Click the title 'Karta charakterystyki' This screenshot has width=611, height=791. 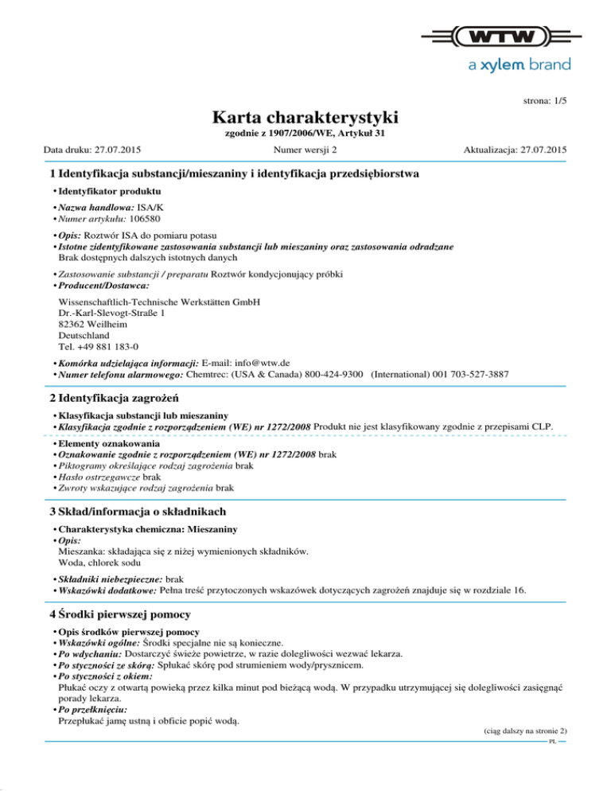pos(305,119)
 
